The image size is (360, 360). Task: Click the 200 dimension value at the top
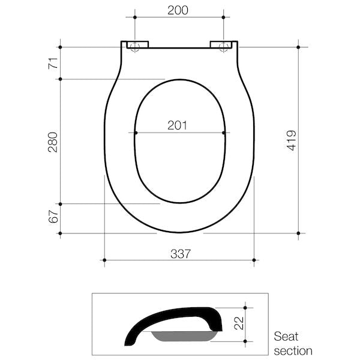click(x=178, y=10)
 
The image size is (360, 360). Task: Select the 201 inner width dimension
click(x=178, y=125)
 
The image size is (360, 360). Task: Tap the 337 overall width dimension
click(x=179, y=253)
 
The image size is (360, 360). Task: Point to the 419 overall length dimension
click(x=291, y=140)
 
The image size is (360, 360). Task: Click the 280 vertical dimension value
click(x=53, y=142)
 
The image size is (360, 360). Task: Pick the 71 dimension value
click(x=53, y=62)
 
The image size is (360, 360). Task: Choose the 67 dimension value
click(x=53, y=217)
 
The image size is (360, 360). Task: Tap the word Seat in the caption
click(x=286, y=337)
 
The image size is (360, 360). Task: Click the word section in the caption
click(x=293, y=350)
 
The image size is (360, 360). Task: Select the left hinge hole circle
click(x=134, y=47)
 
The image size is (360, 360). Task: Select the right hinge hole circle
click(x=224, y=47)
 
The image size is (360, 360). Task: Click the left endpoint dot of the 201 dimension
click(x=136, y=133)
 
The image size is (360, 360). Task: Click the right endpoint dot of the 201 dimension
click(x=224, y=133)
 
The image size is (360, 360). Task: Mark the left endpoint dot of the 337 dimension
click(x=104, y=260)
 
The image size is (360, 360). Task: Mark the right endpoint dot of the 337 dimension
click(x=254, y=260)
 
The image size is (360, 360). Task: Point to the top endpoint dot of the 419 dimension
click(x=298, y=47)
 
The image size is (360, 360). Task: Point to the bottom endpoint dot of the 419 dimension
click(x=298, y=233)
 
